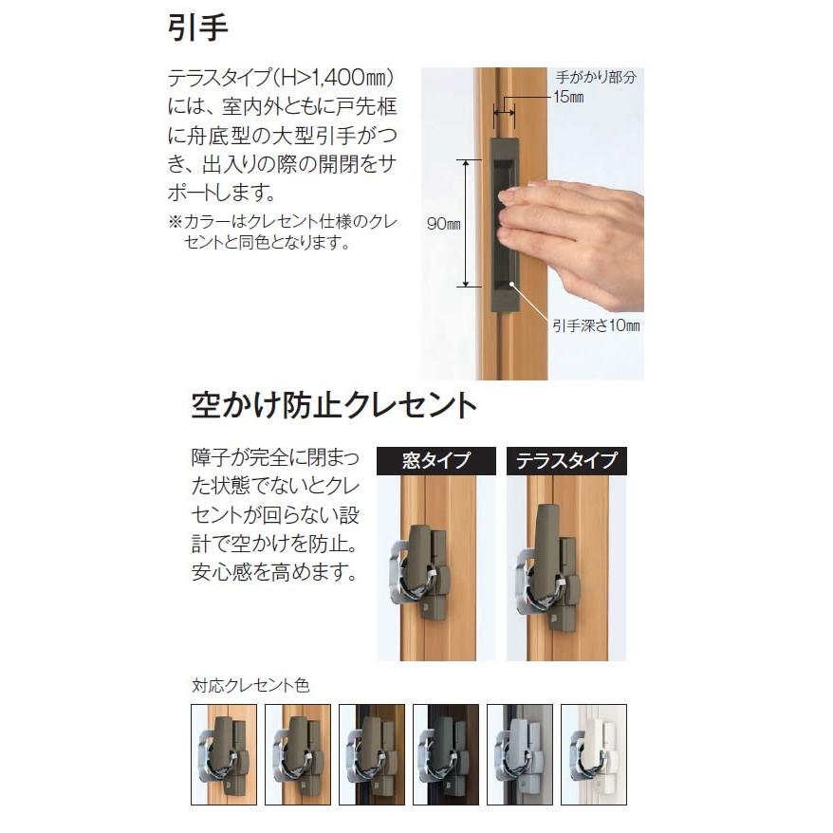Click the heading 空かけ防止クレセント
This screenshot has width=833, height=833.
(334, 406)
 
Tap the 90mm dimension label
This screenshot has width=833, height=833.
(443, 224)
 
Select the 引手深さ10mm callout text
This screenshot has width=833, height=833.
(596, 325)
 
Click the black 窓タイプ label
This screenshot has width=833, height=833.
(436, 461)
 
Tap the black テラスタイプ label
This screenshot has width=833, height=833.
(566, 461)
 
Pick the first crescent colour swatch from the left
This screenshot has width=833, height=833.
(224, 754)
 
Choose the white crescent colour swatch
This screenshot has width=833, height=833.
(594, 754)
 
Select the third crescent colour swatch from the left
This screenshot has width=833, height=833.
(372, 754)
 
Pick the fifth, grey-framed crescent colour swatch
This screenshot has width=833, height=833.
(520, 754)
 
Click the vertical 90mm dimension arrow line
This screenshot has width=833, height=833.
(466, 223)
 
